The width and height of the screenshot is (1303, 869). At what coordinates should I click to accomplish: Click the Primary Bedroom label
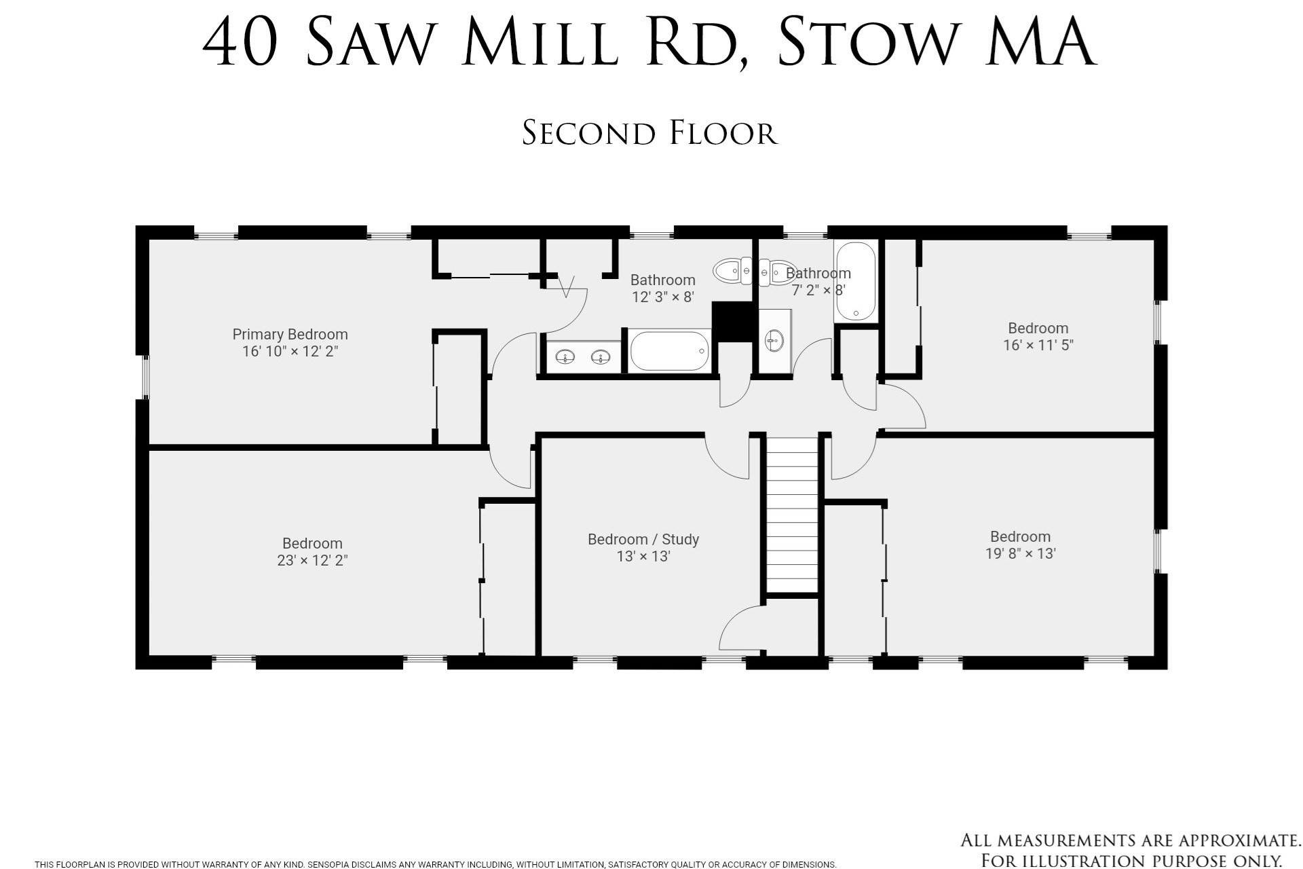(290, 334)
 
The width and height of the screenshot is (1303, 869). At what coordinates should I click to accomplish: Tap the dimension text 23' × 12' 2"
(312, 561)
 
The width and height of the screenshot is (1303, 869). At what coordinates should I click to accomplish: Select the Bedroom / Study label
(643, 539)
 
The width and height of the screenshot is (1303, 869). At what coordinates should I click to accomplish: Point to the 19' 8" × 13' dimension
(1020, 554)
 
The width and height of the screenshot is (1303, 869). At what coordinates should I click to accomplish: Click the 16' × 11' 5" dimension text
(1038, 346)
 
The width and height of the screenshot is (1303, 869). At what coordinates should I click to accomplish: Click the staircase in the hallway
(792, 516)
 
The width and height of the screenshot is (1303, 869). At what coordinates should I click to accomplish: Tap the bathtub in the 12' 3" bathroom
(669, 350)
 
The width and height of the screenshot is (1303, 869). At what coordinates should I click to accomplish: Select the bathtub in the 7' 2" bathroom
(856, 280)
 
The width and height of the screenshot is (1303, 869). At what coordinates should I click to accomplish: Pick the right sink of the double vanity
(600, 356)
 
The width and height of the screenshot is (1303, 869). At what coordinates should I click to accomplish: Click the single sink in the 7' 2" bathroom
(774, 339)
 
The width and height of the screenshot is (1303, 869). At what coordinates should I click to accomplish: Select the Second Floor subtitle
(649, 133)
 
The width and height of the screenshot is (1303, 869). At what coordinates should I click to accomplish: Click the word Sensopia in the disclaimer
(327, 864)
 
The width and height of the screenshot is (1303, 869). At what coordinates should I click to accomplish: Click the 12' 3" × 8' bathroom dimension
(662, 297)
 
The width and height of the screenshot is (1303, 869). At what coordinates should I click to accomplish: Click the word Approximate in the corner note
(1222, 840)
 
